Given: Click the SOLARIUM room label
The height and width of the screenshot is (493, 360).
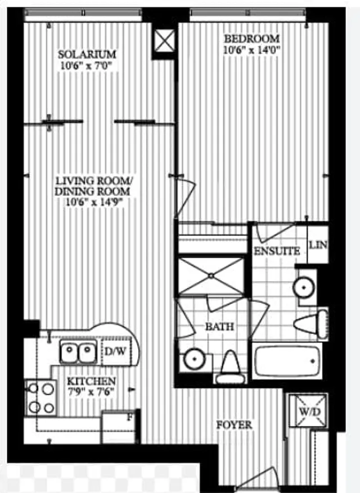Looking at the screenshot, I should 87,55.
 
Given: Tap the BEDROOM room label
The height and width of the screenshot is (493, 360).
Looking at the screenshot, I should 251,39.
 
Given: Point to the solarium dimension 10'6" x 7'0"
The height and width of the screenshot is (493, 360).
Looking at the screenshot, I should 87,65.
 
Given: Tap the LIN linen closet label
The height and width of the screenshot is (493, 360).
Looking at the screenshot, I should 318,246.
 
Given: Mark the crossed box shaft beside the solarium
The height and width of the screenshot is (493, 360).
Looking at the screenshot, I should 165,41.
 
